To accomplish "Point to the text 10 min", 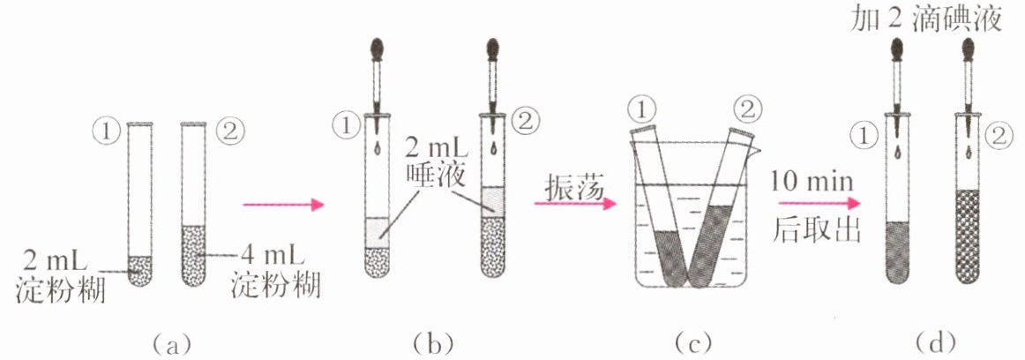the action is coord(812,180).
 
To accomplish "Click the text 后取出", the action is coord(812,230).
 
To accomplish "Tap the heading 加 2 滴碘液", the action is coord(925,20).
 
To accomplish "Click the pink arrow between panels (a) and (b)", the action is coord(283,205).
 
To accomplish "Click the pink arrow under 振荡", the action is coord(575,204).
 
